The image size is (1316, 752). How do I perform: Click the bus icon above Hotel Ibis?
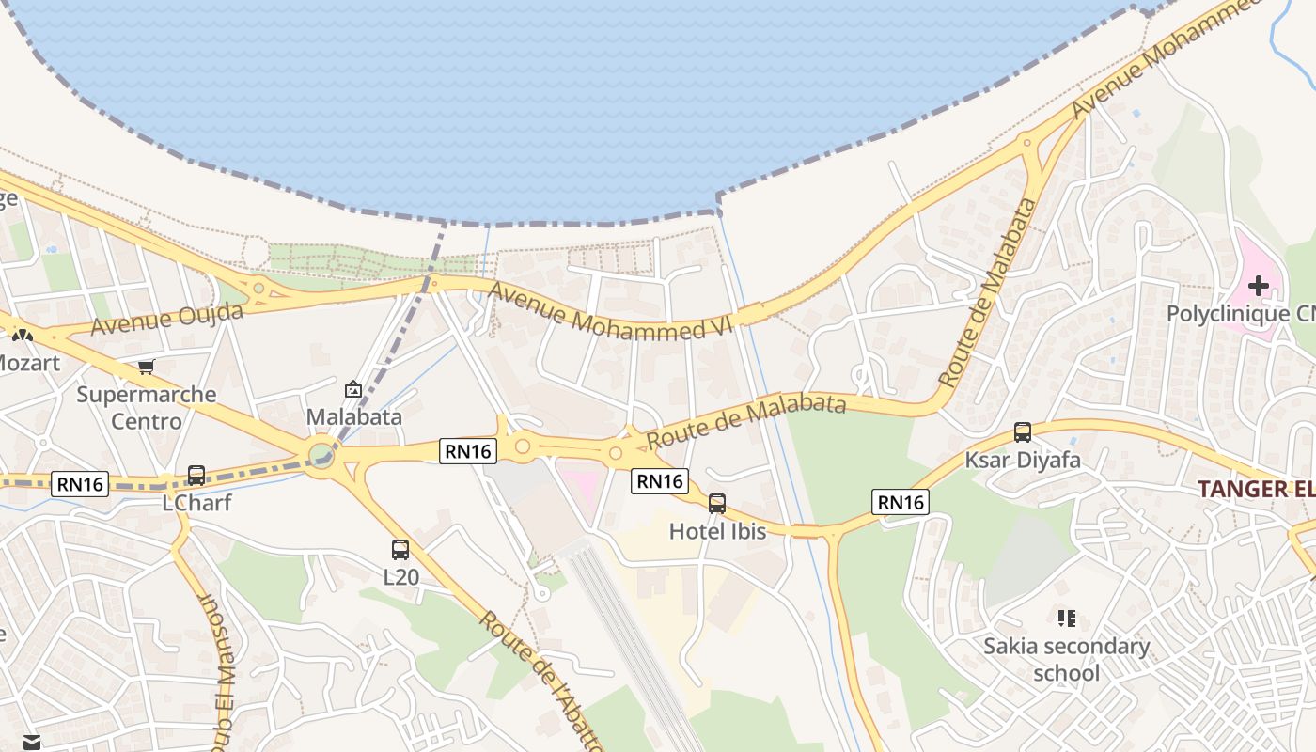point(717,504)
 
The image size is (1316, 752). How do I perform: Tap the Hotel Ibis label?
point(717,531)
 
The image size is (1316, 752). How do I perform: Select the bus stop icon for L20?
point(400,550)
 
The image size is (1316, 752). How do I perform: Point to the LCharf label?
point(196,502)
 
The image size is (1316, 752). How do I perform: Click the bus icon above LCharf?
point(196,476)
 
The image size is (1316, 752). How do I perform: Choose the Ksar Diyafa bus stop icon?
point(1023,432)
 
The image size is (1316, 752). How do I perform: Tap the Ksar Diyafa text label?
point(1023,461)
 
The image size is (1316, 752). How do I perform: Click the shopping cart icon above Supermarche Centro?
point(146,367)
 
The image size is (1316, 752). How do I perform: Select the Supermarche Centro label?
point(147,407)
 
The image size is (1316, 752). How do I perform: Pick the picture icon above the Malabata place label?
point(353,388)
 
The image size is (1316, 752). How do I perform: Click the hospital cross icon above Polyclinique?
point(1259,285)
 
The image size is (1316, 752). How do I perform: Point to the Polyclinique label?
point(1240,313)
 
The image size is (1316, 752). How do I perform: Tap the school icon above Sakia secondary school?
point(1066,618)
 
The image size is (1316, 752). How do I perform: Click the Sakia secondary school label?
point(1066,659)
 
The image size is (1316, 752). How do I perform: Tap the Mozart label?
point(28,362)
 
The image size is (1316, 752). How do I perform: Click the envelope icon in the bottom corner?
point(32,743)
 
